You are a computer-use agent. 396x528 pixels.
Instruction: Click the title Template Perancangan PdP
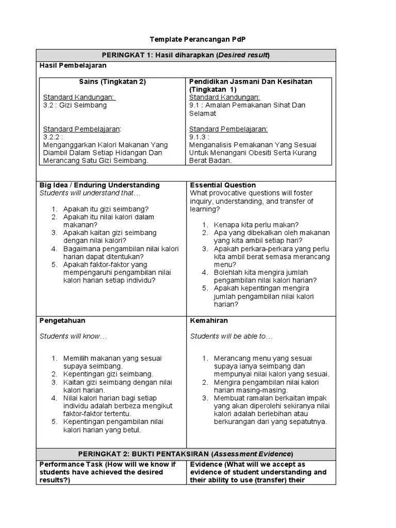point(198,39)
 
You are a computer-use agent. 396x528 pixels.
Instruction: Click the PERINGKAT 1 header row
point(186,55)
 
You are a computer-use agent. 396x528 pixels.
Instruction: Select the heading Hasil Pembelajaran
point(73,65)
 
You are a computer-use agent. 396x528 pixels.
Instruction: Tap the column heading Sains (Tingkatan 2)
point(112,82)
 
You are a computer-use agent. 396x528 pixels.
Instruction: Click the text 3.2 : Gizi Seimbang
point(75,105)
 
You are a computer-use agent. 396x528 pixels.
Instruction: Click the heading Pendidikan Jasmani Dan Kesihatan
point(251,82)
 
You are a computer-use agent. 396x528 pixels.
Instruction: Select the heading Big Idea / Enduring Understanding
point(100,185)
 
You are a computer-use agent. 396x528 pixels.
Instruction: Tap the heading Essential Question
point(223,185)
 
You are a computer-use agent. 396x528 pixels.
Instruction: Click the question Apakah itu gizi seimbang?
point(106,209)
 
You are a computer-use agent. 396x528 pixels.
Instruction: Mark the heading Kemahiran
point(209,321)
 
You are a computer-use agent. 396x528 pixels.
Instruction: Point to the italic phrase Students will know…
point(73,336)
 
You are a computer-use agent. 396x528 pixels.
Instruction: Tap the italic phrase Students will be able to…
point(232,336)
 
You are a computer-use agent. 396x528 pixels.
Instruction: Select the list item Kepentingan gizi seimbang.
point(108,374)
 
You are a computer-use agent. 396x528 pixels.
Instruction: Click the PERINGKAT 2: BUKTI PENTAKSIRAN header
point(186,454)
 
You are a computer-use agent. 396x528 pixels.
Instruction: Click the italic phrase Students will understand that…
point(90,193)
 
